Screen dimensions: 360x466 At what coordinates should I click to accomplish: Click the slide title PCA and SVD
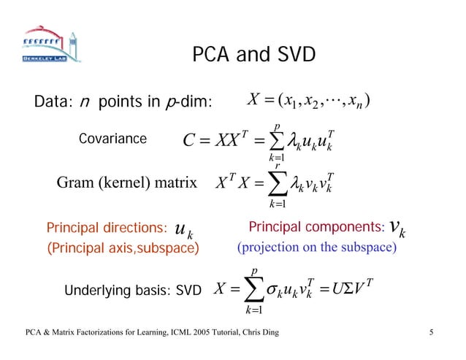(x=254, y=55)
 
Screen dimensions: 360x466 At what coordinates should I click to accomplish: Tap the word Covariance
(x=112, y=139)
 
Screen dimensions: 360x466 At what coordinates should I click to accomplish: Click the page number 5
(x=432, y=334)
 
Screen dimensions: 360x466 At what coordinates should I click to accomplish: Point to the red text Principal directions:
(x=107, y=230)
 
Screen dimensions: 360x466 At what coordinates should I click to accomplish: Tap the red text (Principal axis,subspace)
(x=123, y=248)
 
